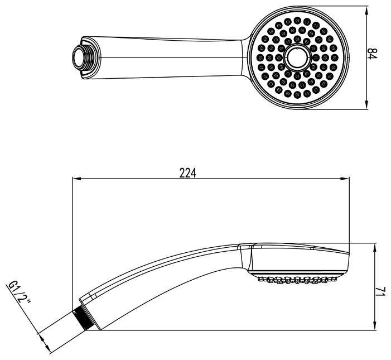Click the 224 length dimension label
click(188, 173)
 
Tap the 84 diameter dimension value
click(373, 54)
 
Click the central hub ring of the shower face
click(297, 57)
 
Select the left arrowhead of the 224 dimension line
click(76, 179)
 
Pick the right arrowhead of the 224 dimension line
click(345, 179)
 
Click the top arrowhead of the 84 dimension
click(366, 11)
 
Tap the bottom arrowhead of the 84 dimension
click(366, 104)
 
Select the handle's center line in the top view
click(171, 58)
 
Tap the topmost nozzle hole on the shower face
click(297, 20)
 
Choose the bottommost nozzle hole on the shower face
click(297, 94)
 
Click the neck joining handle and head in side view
click(245, 257)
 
